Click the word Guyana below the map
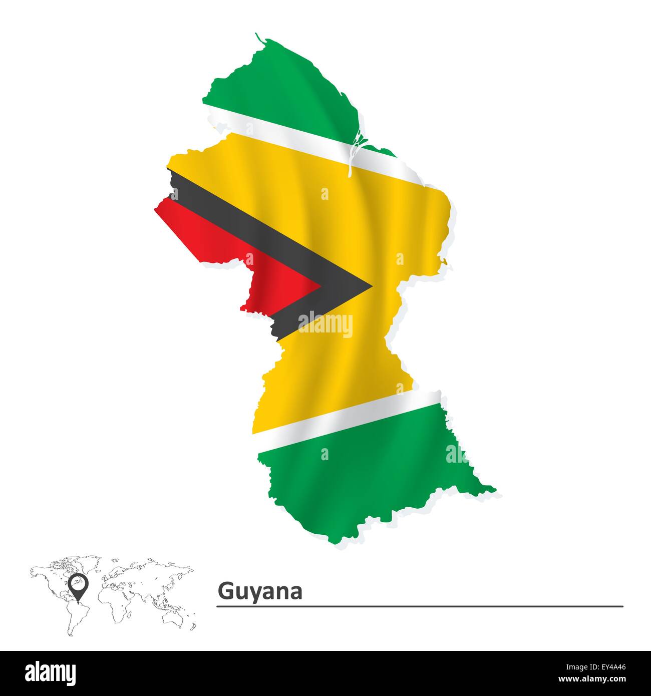click(260, 592)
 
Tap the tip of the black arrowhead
click(371, 287)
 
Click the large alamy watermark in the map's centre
click(325, 324)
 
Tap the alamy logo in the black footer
click(51, 672)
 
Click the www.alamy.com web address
click(598, 679)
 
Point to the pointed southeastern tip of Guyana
click(493, 490)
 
